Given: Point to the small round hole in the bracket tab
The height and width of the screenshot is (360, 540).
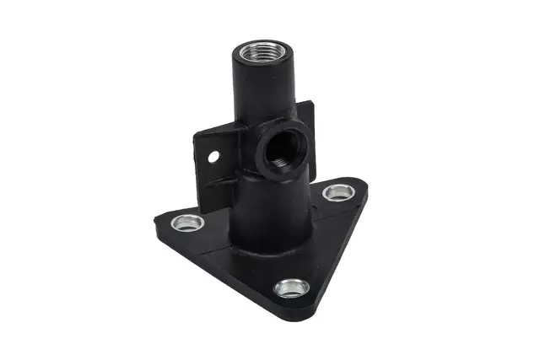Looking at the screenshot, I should (x=214, y=156).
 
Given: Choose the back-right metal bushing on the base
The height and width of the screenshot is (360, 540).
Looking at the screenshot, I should (x=339, y=192).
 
